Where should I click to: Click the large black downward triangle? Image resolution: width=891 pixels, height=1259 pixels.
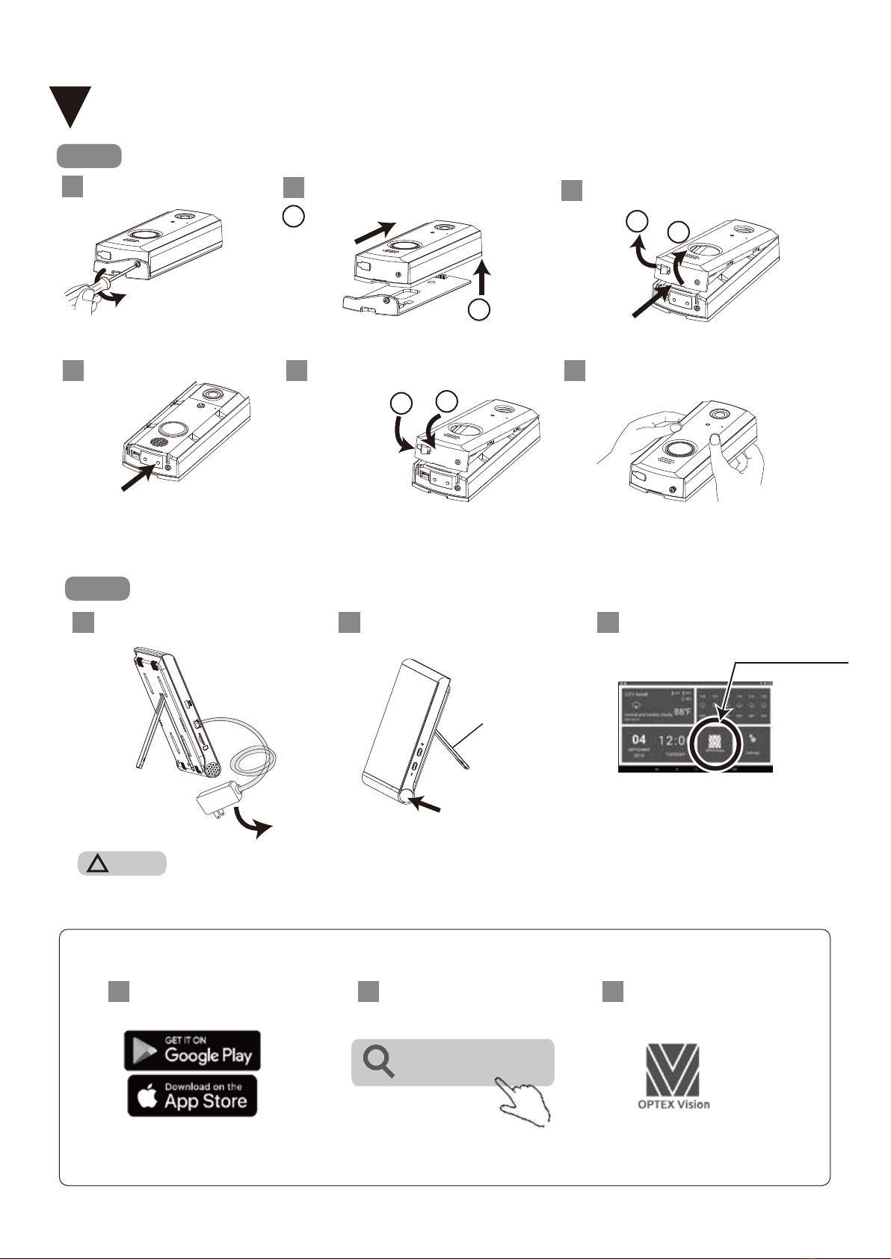[x=70, y=104]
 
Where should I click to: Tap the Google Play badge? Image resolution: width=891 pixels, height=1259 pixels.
[x=192, y=1050]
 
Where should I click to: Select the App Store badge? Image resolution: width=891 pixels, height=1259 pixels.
[x=192, y=1095]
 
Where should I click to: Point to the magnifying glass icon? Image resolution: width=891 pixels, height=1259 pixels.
[x=378, y=1062]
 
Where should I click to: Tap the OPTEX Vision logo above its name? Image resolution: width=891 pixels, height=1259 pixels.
[x=673, y=1069]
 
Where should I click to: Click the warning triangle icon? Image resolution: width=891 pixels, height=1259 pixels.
[x=99, y=864]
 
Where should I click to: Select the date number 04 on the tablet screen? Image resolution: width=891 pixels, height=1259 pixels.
[x=639, y=740]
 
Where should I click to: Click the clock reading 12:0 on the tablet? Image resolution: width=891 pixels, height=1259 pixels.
[x=672, y=740]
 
